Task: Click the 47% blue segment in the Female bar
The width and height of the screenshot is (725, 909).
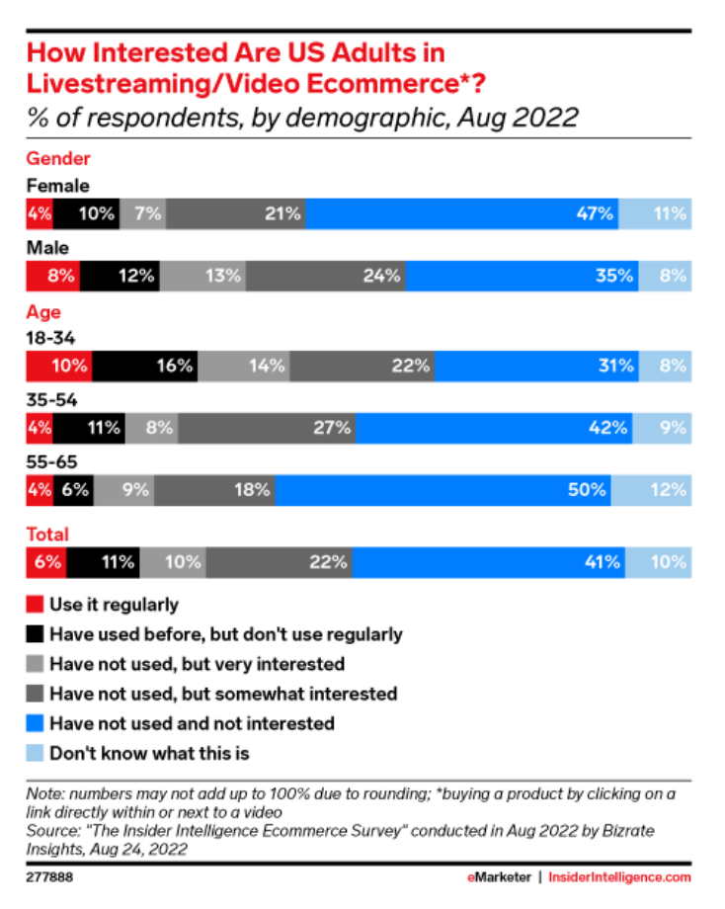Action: coord(462,212)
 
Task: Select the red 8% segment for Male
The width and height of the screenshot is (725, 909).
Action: coord(52,276)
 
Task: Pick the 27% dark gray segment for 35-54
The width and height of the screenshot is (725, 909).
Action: coord(268,428)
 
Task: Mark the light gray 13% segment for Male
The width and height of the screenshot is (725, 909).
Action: coord(202,276)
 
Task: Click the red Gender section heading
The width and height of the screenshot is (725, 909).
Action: coord(57,158)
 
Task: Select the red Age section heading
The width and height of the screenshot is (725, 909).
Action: coord(42,313)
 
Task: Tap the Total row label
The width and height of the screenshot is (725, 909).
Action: coord(46,535)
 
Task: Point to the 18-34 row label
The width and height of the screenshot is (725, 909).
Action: coord(50,338)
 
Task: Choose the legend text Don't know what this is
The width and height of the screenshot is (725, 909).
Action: coord(149,753)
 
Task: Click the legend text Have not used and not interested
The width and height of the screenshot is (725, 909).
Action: coord(192,723)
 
